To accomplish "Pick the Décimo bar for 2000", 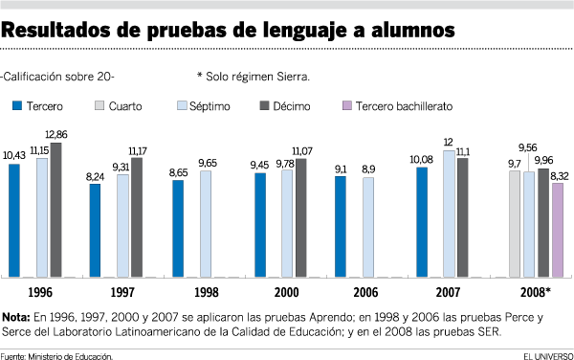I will (301, 218).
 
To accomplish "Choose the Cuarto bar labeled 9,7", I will (515, 224).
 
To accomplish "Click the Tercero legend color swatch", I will (15, 105).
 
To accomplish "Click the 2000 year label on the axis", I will (287, 291).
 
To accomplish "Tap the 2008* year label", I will (536, 291).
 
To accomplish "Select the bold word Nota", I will (16, 317).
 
